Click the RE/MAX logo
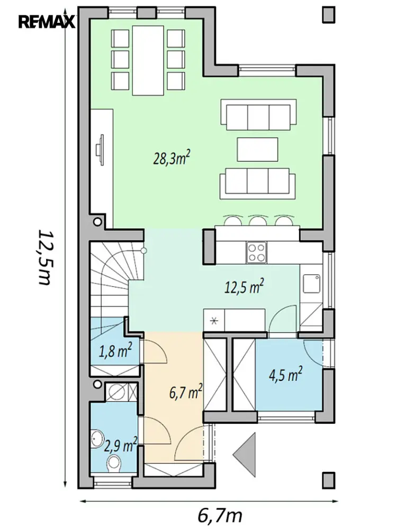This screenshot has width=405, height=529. tap(47, 23)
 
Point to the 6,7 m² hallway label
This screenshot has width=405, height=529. tap(186, 391)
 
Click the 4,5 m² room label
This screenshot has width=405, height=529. tap(285, 375)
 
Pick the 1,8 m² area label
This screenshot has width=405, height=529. tap(115, 351)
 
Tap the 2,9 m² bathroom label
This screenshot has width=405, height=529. tap(121, 445)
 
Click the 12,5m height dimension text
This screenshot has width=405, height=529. tap(44, 258)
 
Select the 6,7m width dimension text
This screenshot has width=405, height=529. tap(220, 515)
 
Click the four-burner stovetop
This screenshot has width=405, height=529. tap(256, 253)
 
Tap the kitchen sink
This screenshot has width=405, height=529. tap(311, 284)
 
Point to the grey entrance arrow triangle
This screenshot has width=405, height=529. tap(245, 455)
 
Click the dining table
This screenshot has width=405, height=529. tap(148, 61)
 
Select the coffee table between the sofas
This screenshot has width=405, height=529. tap(257, 150)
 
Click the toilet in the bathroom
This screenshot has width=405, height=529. tap(114, 463)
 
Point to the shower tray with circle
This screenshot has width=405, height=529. tap(121, 392)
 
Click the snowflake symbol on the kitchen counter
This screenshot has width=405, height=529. tap(214, 321)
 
